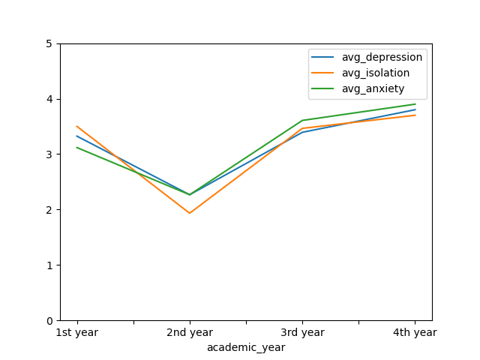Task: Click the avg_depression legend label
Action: [382, 57]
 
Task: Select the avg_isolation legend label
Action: [376, 73]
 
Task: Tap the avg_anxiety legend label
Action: [373, 88]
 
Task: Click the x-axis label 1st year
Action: [77, 332]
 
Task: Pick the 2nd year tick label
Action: [190, 332]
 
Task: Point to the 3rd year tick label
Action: [302, 332]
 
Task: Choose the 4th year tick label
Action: [415, 332]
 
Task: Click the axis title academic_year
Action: [246, 347]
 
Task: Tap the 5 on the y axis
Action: [49, 44]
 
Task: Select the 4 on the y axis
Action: [49, 100]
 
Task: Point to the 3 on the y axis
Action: [49, 154]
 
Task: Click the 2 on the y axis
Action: [49, 210]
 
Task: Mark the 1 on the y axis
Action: [49, 265]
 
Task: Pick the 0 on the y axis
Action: [49, 321]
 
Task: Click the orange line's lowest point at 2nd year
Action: [190, 213]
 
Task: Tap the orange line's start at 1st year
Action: [77, 126]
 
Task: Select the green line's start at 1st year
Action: [77, 148]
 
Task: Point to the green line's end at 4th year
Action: [415, 104]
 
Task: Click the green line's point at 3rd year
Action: [302, 120]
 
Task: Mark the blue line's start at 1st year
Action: [77, 136]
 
